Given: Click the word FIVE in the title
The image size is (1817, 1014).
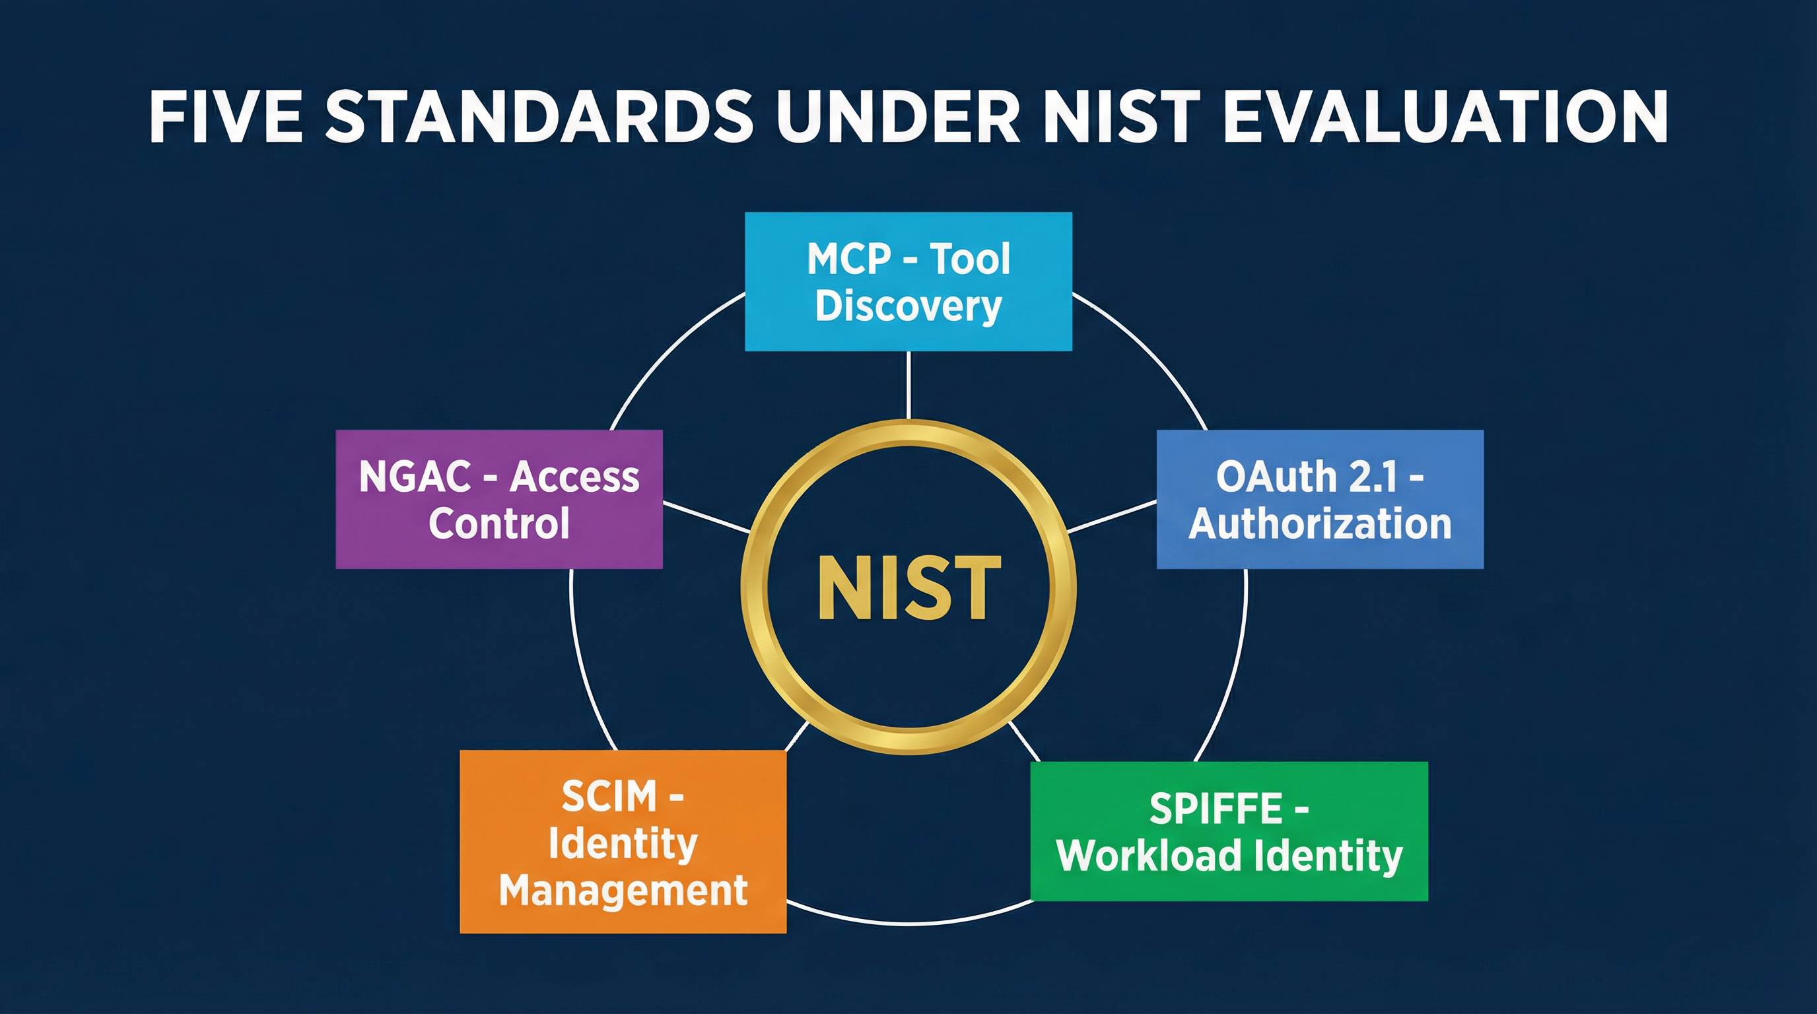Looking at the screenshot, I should point(226,117).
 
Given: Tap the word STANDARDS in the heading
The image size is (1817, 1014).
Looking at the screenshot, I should point(539,117).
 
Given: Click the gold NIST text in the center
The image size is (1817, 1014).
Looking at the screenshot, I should point(908,588).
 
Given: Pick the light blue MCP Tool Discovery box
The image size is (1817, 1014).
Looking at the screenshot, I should point(908,281).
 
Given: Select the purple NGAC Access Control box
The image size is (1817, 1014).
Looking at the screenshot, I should point(498,499).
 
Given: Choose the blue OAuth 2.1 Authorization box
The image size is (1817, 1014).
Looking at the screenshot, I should point(1320,499).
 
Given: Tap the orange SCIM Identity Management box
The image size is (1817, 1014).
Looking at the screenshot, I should point(623,841).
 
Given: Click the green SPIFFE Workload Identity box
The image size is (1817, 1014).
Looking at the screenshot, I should point(1229,830).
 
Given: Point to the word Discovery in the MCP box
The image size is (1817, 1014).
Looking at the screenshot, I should point(908,306).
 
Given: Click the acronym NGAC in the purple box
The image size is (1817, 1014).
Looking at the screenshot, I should point(415,477).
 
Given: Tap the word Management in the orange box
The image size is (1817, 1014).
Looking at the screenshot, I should point(623,890).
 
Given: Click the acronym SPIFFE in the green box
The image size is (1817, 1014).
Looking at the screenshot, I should point(1216,808).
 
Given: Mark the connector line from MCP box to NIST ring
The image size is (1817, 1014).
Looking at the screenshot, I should point(908,385).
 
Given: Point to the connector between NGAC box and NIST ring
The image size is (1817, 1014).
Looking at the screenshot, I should point(706,517).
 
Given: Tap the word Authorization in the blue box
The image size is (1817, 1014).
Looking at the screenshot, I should point(1320,524).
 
